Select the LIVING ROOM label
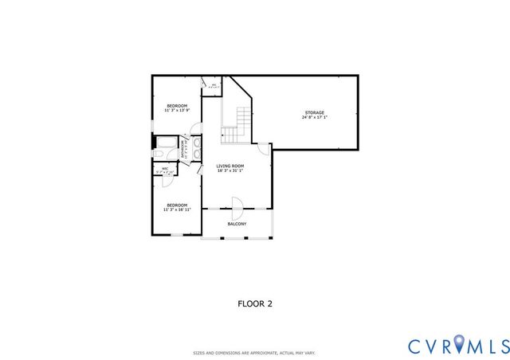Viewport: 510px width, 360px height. (230, 166)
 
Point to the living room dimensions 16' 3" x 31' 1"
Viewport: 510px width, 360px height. (230, 171)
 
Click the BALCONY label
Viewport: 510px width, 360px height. (237, 224)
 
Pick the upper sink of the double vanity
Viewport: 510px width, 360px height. (197, 143)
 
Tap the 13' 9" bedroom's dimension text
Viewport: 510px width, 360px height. (176, 111)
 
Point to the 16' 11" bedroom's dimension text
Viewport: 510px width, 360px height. (176, 209)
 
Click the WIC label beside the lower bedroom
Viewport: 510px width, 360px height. (165, 168)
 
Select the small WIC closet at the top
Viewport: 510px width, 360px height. (213, 85)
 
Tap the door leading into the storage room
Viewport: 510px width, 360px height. (264, 149)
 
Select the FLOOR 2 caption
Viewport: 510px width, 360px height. (256, 303)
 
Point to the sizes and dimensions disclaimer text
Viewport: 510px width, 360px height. (255, 352)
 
